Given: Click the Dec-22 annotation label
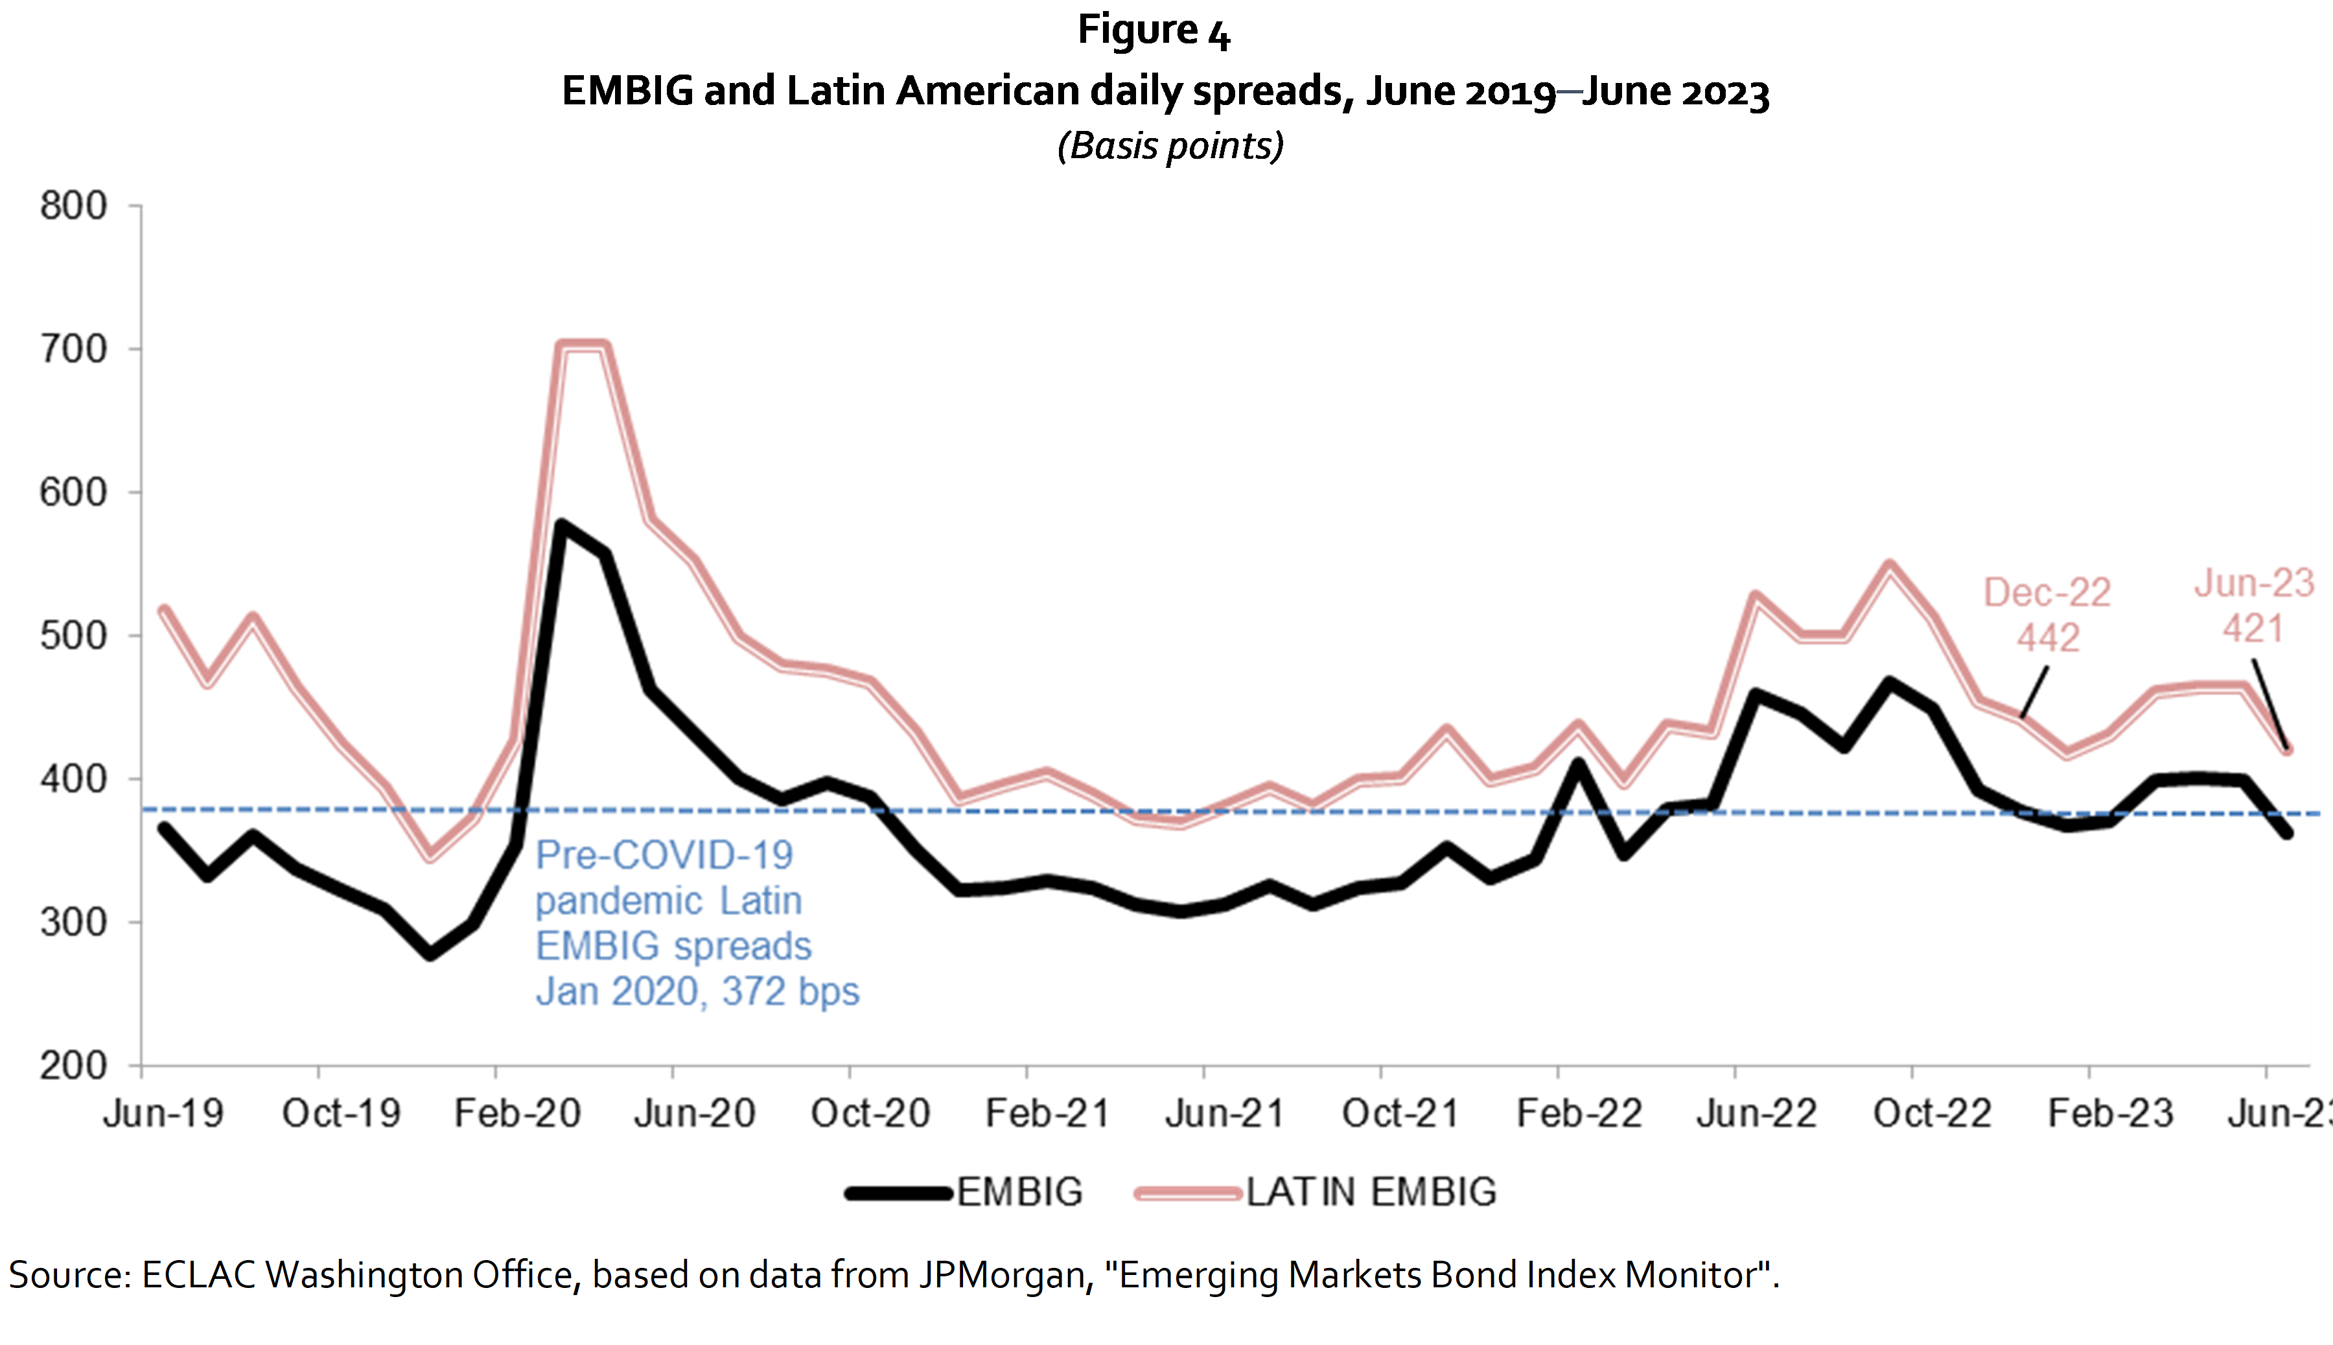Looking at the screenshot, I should [x=2047, y=593].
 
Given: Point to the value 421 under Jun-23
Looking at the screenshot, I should [x=2253, y=629].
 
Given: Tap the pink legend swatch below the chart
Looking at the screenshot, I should [x=1188, y=1193].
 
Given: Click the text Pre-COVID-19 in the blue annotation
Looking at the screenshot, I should [x=664, y=856].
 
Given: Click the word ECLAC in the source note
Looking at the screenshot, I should [x=198, y=1275].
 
